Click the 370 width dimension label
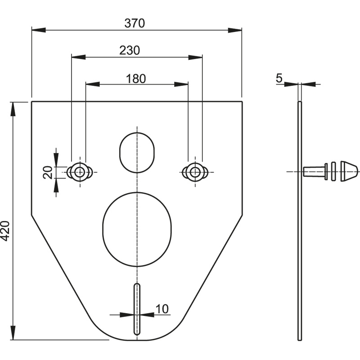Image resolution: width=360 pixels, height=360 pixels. click(135, 23)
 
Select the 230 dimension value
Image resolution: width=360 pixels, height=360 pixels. click(130, 50)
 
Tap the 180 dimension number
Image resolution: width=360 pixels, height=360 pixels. click(136, 79)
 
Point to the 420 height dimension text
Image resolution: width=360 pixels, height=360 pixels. click(5, 231)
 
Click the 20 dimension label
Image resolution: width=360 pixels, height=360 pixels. click(48, 172)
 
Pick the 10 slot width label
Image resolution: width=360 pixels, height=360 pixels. click(162, 309)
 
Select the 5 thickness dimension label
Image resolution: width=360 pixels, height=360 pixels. click(279, 78)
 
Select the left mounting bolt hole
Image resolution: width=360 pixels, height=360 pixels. click(80, 172)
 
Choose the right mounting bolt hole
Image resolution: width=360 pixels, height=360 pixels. click(195, 172)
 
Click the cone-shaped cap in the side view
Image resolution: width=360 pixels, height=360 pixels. click(349, 171)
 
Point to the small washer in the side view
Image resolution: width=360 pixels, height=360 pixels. click(333, 171)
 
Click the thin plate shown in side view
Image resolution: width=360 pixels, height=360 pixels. click(300, 221)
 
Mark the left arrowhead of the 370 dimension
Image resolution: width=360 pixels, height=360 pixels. click(39, 30)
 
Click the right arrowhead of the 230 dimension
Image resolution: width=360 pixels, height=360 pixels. click(195, 57)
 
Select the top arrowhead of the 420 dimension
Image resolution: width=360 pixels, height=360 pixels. click(13, 109)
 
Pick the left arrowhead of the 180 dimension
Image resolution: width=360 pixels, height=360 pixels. click(93, 84)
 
